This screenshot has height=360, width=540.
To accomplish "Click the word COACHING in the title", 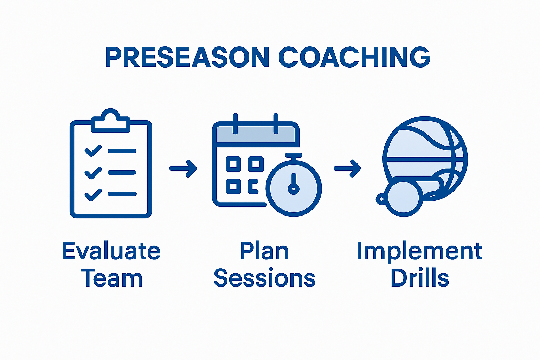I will (x=354, y=57).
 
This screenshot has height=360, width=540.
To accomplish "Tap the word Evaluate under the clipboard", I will (x=111, y=251).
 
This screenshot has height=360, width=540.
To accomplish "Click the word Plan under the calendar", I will (x=264, y=251).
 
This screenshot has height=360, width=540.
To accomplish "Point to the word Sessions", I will (x=264, y=278).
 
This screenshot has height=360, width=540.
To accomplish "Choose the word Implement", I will (x=419, y=252).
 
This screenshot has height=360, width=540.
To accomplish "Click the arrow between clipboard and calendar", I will (x=183, y=168).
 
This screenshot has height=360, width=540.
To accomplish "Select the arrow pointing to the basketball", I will (x=347, y=168).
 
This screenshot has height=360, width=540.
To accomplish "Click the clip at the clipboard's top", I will (x=111, y=121).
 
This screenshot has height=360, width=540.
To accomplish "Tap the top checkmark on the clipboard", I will (x=93, y=151).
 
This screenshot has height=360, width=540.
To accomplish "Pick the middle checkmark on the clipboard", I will (x=93, y=173).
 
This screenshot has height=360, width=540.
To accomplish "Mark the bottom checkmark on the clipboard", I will (x=93, y=194).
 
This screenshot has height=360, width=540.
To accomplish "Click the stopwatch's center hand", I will (x=294, y=185).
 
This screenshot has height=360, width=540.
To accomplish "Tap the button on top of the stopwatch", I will (x=294, y=155).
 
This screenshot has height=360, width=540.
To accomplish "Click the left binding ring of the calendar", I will (x=235, y=124).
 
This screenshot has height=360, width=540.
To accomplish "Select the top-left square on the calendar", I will (x=233, y=164).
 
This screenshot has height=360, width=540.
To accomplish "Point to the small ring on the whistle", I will (x=380, y=199).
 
